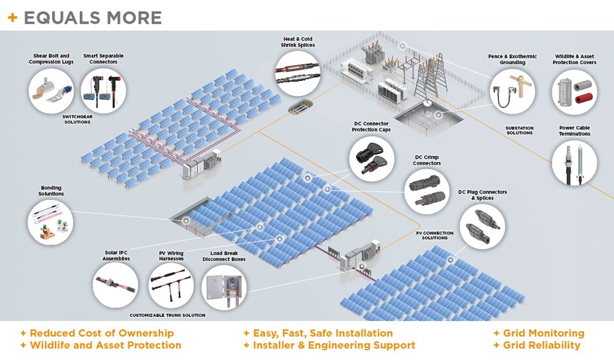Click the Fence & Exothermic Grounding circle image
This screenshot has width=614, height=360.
(x=512, y=91)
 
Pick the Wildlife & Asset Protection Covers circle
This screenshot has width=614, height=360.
(x=574, y=91)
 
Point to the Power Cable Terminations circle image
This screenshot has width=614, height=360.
(x=574, y=163)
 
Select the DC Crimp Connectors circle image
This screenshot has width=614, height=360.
(x=427, y=189)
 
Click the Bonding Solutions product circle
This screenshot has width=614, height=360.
(x=51, y=220)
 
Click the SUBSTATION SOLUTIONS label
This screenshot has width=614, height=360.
(x=519, y=130)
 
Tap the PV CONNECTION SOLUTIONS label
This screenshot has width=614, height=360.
(x=434, y=235)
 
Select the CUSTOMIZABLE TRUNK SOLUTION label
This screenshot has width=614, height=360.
(x=167, y=315)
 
